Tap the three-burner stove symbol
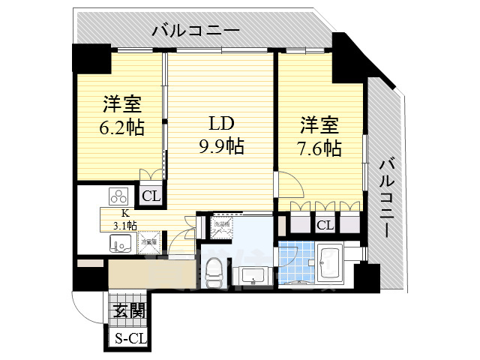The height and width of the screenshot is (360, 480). [118, 196]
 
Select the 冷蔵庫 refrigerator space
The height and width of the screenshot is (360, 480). [148, 242]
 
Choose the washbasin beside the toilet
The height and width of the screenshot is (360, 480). [255, 277]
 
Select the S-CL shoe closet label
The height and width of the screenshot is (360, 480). [130, 338]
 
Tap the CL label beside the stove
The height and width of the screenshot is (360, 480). [151, 196]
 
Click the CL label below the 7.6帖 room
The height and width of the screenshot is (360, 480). [325, 224]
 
